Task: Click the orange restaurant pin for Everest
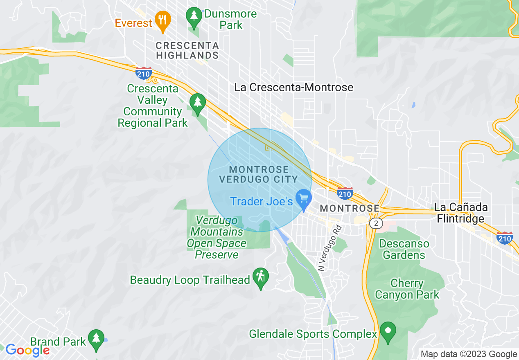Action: coord(163,20)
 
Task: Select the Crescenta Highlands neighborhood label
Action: coord(187,50)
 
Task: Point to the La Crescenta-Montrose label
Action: coord(293,87)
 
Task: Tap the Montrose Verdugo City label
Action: coord(259,174)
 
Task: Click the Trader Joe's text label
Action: coord(261,201)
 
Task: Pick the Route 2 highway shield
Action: coord(375,223)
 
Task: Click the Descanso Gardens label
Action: coord(404,249)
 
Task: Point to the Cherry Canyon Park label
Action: coord(407,289)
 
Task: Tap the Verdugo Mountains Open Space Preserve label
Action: coord(217,238)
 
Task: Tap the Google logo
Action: coord(27,350)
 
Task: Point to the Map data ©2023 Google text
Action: coord(469,354)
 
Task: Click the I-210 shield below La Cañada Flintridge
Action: coord(504,238)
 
